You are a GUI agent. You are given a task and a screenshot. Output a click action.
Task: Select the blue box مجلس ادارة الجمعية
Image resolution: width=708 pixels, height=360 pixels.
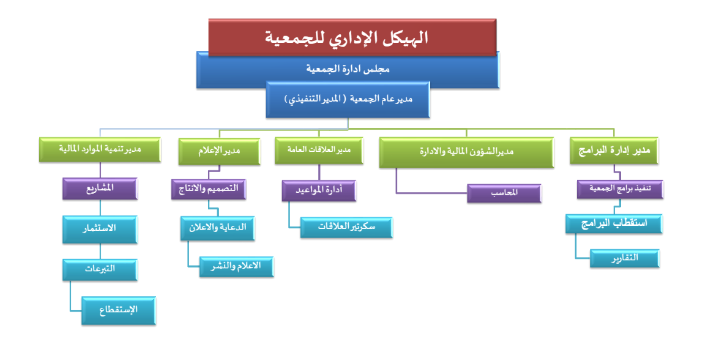point(348,69)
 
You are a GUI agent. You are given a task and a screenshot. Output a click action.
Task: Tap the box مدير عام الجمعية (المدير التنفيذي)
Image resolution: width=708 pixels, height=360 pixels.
point(348,100)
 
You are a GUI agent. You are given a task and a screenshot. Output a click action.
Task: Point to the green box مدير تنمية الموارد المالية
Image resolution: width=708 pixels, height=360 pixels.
point(99,149)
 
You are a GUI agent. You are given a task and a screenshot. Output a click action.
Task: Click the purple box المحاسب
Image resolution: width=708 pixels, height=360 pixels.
point(504,192)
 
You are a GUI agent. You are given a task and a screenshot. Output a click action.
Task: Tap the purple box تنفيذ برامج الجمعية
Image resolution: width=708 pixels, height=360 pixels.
point(620,189)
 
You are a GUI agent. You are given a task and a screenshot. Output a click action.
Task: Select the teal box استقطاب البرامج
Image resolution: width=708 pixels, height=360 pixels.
point(613,223)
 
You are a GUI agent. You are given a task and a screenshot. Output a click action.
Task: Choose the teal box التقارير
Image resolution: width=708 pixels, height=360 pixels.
point(624,258)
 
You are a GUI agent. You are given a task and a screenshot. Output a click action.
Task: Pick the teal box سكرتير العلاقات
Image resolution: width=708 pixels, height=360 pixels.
point(346,227)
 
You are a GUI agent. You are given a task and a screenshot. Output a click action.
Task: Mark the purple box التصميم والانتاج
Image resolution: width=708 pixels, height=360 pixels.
point(209,189)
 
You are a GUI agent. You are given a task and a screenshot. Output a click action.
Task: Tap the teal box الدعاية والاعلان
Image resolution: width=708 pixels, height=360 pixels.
point(217,227)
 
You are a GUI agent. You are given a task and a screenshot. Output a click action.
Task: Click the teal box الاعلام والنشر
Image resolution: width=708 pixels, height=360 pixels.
point(236,266)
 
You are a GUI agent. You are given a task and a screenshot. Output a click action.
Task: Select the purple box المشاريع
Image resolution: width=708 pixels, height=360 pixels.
point(100,189)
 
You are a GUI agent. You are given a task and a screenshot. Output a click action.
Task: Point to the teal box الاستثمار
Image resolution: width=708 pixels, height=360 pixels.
point(99,228)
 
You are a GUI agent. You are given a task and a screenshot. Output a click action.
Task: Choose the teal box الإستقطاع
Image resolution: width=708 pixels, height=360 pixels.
point(119,310)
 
